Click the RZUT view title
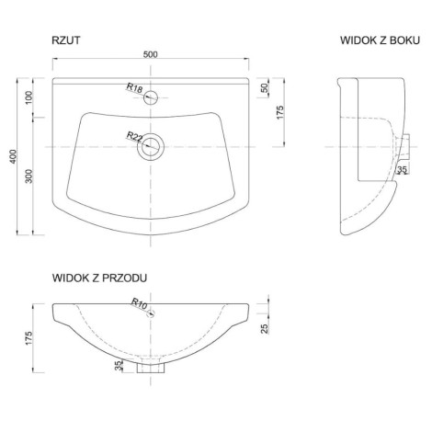click(66, 40)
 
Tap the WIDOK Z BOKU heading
click(380, 40)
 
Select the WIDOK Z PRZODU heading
click(99, 278)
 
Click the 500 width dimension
click(151, 54)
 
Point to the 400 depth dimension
click(13, 156)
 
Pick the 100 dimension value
click(28, 97)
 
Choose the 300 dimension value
click(28, 176)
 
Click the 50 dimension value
click(265, 88)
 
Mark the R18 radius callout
click(135, 88)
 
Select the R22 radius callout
click(135, 136)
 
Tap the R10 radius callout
click(140, 303)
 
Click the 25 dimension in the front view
click(265, 328)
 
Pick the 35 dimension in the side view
click(402, 169)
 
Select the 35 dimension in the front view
click(119, 366)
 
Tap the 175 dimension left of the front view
click(28, 338)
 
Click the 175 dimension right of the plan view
click(280, 112)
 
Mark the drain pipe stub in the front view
click(151, 367)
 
